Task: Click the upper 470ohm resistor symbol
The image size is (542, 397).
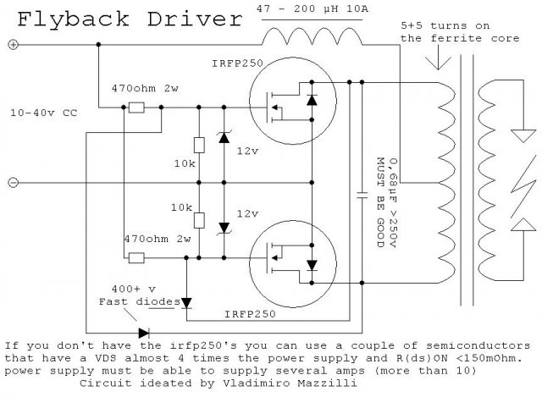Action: pyautogui.click(x=135, y=108)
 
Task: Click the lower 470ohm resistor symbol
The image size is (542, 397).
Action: pyautogui.click(x=135, y=256)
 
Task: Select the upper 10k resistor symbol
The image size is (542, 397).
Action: pyautogui.click(x=198, y=146)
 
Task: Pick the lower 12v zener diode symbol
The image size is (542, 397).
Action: pyautogui.click(x=224, y=227)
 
